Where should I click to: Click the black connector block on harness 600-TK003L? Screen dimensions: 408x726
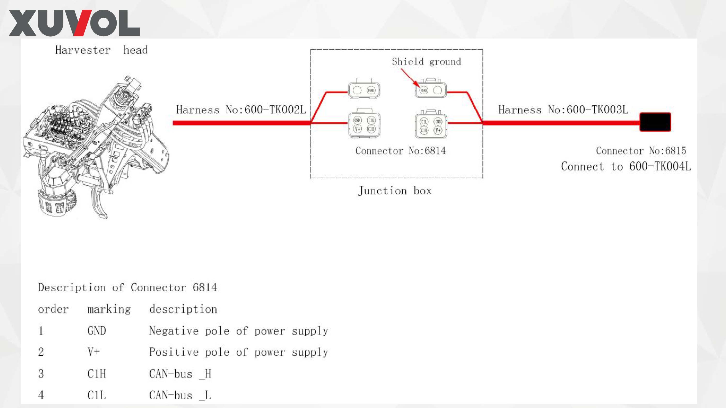655,122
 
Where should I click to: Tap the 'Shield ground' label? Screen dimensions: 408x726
426,62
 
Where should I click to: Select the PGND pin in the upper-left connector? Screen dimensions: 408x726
371,90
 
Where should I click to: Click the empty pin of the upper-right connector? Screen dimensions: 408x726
438,90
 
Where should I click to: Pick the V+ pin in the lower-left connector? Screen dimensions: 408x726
357,129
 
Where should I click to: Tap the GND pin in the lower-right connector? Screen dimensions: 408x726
438,122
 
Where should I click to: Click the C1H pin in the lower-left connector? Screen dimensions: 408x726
371,129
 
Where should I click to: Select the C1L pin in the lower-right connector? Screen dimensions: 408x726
424,122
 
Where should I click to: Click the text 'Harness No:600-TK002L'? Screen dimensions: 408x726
241,110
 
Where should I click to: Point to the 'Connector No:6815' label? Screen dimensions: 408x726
641,151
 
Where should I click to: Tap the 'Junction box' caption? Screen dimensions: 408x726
394,191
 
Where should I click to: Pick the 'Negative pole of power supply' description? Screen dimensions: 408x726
239,331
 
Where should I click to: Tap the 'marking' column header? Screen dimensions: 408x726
109,309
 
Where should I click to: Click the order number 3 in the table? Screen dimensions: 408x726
41,374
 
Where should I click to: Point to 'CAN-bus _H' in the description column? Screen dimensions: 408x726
180,374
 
